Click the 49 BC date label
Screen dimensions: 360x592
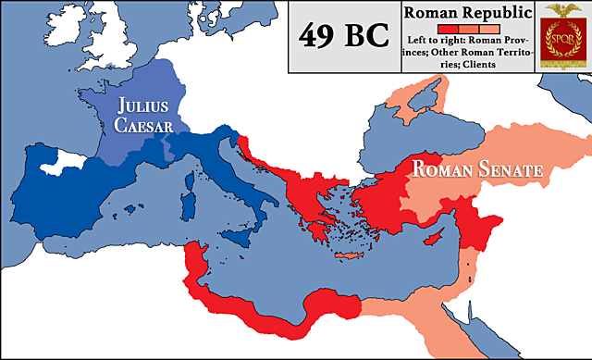tap(343, 38)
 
